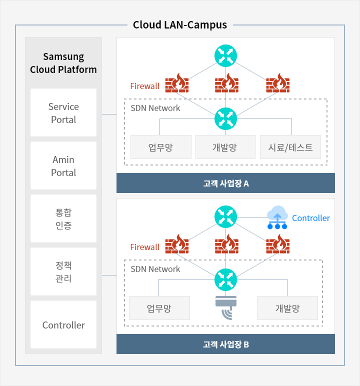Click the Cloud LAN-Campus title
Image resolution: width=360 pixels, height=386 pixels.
(180, 25)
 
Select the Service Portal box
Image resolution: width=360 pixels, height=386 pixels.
(63, 112)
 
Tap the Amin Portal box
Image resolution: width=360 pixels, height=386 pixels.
(63, 165)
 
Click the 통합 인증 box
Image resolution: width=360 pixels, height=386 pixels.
(63, 218)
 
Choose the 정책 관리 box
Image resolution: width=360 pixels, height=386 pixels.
(63, 271)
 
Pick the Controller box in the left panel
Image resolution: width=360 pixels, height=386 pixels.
(63, 324)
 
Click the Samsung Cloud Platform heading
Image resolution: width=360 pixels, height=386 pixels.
(63, 63)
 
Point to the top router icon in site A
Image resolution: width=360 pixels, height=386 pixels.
(225, 56)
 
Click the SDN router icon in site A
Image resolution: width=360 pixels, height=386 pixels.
(225, 118)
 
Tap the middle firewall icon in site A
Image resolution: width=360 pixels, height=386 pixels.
(226, 83)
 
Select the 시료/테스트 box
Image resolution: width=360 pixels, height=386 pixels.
(290, 147)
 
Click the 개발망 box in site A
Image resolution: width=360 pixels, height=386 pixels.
(225, 147)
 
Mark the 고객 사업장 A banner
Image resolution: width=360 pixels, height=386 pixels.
(225, 183)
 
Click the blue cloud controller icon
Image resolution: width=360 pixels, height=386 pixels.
(277, 217)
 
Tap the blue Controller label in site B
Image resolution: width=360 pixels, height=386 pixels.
(311, 218)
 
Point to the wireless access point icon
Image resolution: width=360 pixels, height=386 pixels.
(226, 307)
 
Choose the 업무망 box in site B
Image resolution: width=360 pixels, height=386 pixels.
(159, 308)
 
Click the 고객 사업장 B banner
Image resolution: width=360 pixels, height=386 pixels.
(225, 344)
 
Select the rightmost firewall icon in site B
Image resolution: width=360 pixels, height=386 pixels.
(278, 244)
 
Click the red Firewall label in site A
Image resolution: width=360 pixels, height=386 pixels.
(145, 86)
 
